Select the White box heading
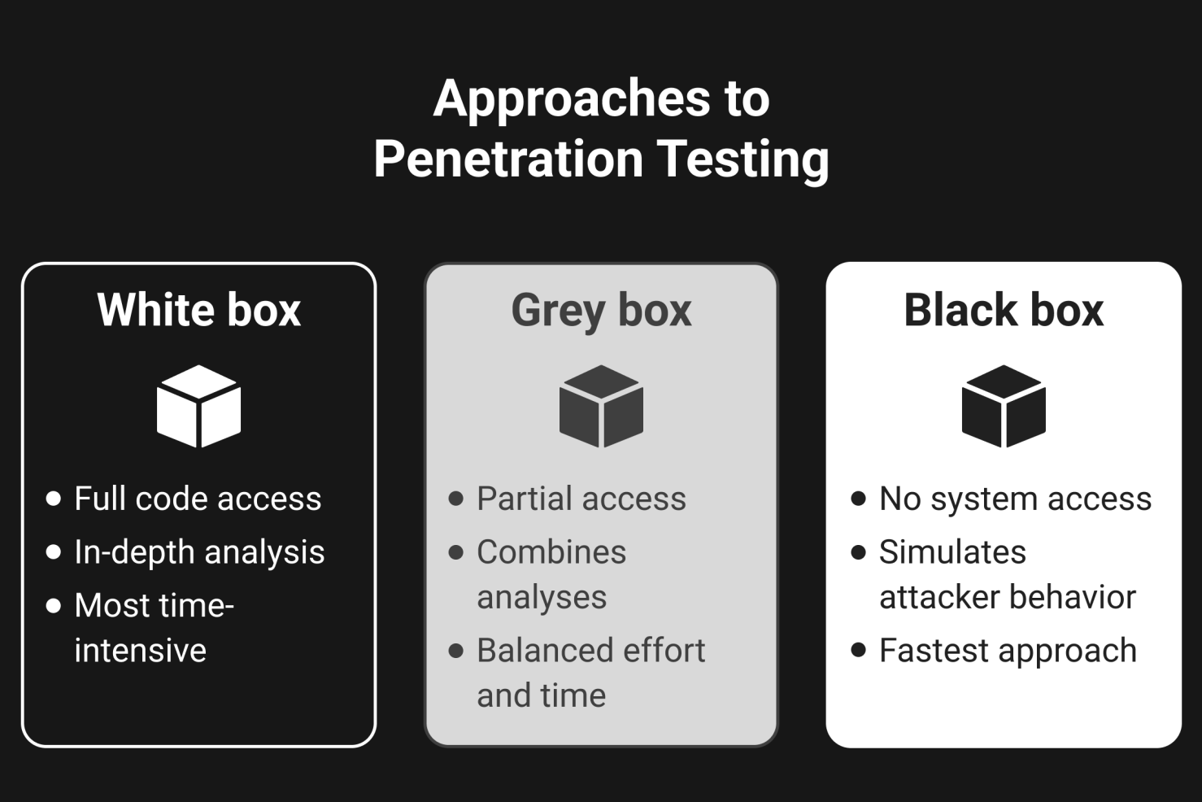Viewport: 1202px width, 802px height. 199,310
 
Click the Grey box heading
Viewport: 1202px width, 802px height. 601,310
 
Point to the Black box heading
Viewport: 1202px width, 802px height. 1004,310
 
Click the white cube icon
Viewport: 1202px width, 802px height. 199,406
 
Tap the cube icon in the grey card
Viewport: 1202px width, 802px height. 601,406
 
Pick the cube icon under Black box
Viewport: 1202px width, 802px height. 1004,406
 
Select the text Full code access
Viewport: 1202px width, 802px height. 198,499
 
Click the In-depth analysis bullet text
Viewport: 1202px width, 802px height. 199,552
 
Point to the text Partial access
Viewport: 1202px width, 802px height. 581,499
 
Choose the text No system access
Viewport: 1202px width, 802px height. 1015,499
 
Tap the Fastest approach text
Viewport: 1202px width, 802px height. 1008,651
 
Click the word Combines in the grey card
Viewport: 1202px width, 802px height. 551,552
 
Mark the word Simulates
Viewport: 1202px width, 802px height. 952,552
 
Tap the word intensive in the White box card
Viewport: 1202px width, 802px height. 140,651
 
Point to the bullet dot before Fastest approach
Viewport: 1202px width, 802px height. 859,650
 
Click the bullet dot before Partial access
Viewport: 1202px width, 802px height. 456,498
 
